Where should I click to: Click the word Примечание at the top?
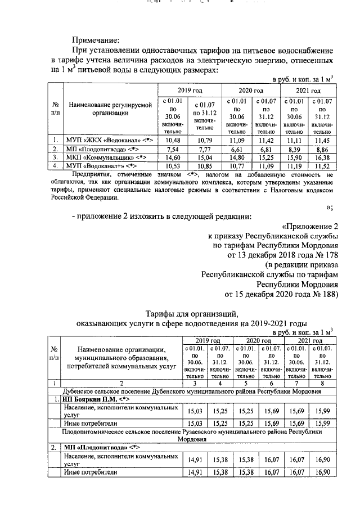(x=95, y=39)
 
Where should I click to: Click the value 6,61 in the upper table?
(x=235, y=148)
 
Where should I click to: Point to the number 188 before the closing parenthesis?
(x=325, y=293)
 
